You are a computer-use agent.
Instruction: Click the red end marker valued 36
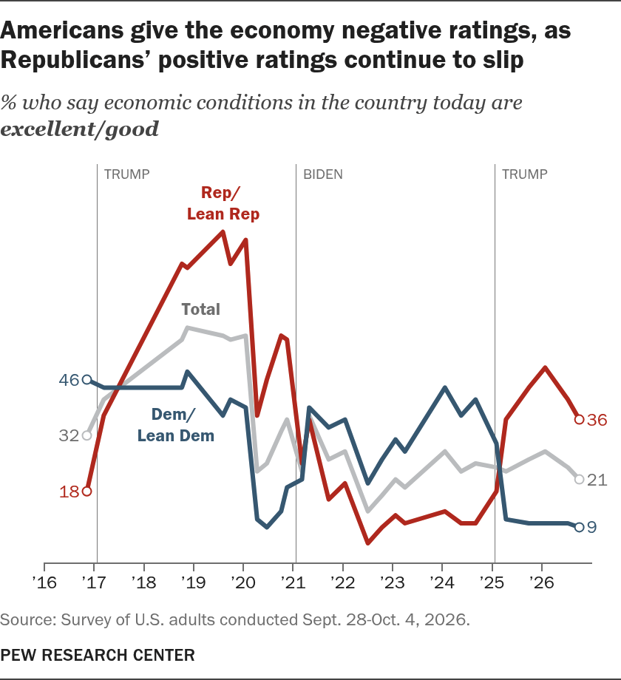pyautogui.click(x=579, y=419)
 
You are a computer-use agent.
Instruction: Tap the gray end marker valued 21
pyautogui.click(x=579, y=479)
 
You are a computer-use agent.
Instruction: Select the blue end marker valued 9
pyautogui.click(x=579, y=527)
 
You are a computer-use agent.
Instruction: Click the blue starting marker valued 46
pyautogui.click(x=86, y=380)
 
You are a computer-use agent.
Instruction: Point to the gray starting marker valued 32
pyautogui.click(x=86, y=435)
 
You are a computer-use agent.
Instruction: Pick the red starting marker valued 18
pyautogui.click(x=86, y=492)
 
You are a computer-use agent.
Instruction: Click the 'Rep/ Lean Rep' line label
pyautogui.click(x=223, y=203)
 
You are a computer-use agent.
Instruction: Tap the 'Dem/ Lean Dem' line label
pyautogui.click(x=176, y=424)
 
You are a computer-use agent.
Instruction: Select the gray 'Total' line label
pyautogui.click(x=201, y=309)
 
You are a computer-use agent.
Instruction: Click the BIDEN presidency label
pyautogui.click(x=322, y=174)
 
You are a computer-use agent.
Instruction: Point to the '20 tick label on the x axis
pyautogui.click(x=242, y=582)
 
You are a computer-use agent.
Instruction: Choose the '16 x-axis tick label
pyautogui.click(x=44, y=582)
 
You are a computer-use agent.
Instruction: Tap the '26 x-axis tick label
pyautogui.click(x=542, y=582)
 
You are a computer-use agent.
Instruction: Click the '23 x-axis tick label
pyautogui.click(x=392, y=582)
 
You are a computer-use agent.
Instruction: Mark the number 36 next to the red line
pyautogui.click(x=597, y=420)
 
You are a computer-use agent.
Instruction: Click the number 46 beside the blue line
pyautogui.click(x=69, y=381)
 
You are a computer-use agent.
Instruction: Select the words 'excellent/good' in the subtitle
pyautogui.click(x=80, y=129)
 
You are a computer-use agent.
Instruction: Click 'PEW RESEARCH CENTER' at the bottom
pyautogui.click(x=98, y=655)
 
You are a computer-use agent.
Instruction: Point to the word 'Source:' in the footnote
pyautogui.click(x=28, y=619)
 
